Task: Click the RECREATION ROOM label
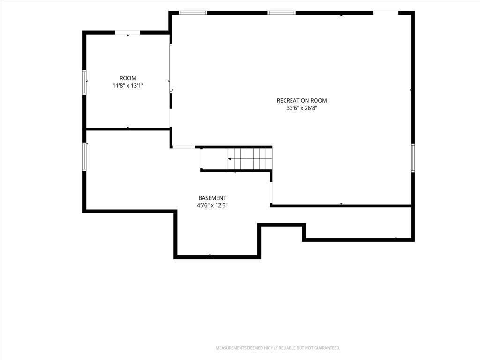302,100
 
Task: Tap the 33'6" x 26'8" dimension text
302,108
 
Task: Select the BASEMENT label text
212,198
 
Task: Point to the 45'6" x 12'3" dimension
212,206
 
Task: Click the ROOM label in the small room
127,78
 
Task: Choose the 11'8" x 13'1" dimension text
127,86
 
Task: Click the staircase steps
250,158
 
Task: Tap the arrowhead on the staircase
229,159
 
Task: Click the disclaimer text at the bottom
278,348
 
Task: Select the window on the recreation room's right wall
412,158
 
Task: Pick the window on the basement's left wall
84,157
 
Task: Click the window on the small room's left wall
84,82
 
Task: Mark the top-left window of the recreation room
193,13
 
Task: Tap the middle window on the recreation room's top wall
282,13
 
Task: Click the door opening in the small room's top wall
127,32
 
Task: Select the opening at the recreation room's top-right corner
386,13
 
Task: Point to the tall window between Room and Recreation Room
171,68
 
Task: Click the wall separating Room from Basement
128,129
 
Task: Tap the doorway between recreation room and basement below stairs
271,193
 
